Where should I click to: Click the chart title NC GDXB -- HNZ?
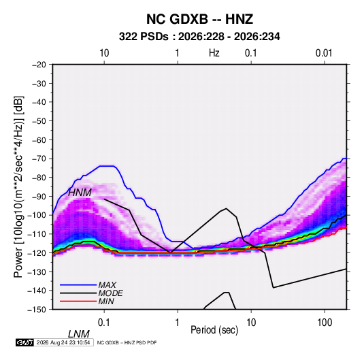point(199,19)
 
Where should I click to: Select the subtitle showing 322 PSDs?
point(199,37)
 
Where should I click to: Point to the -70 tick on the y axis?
point(39,159)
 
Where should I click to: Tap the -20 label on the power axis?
point(39,65)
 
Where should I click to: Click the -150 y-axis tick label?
point(37,310)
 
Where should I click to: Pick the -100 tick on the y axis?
point(37,215)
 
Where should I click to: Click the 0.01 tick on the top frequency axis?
point(324,53)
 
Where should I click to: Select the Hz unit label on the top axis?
point(214,53)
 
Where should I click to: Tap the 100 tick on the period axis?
point(325,323)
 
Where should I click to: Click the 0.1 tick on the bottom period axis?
point(104,323)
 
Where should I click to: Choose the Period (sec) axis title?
point(214,330)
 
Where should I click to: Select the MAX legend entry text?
point(107,285)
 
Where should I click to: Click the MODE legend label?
point(110,293)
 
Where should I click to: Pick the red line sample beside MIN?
point(78,301)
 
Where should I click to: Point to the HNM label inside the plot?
point(80,193)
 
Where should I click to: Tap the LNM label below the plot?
point(79,334)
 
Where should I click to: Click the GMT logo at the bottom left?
point(25,342)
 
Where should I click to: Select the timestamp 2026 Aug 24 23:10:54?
point(63,342)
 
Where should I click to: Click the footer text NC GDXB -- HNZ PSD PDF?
point(127,342)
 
